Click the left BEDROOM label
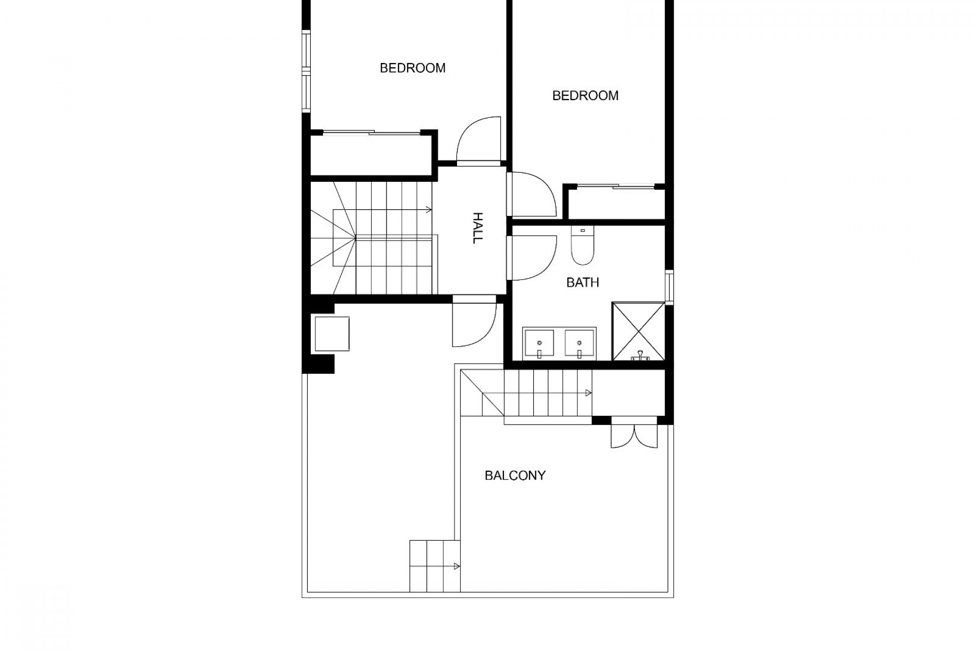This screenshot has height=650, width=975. [x=412, y=68]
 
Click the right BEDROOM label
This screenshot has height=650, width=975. [x=585, y=95]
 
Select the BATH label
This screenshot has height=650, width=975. [x=582, y=282]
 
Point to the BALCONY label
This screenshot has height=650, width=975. [x=515, y=475]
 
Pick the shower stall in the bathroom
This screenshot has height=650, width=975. [x=638, y=331]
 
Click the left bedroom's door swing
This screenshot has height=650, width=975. [x=479, y=140]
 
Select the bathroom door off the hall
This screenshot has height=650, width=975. [x=531, y=257]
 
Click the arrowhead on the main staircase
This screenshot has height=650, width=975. [x=429, y=209]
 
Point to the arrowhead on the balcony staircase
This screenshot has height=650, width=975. [x=588, y=393]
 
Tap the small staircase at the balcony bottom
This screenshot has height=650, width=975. [x=435, y=566]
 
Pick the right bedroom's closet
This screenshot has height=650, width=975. [x=616, y=204]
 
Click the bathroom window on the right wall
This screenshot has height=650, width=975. [x=669, y=288]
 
